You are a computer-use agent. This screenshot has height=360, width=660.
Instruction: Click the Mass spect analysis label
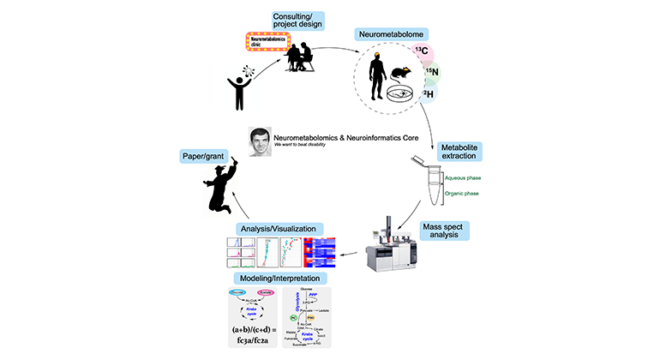tap(443, 228)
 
